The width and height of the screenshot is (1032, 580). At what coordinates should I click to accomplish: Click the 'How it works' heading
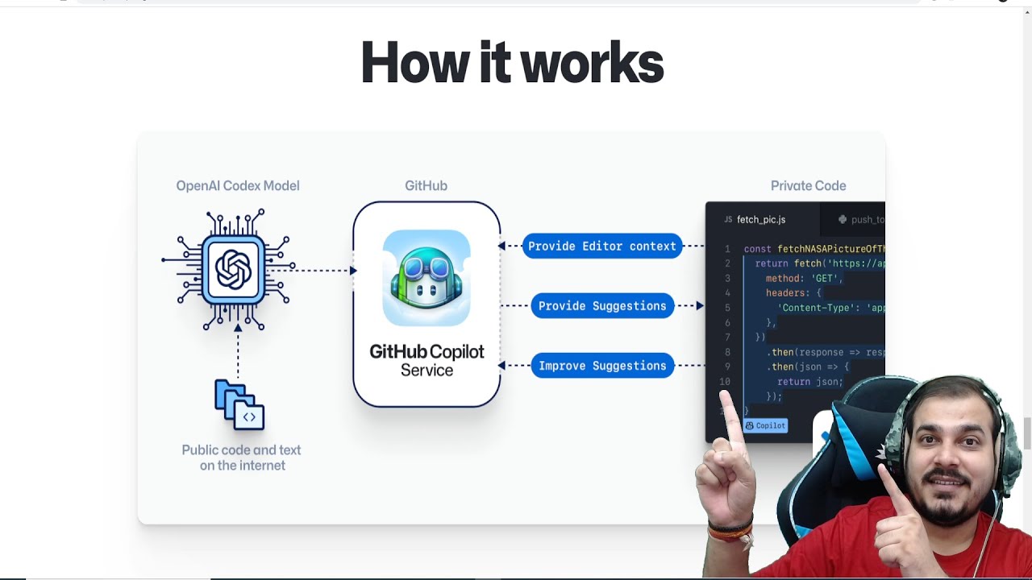[x=512, y=63]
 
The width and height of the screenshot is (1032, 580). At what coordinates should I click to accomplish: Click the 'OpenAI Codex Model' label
[x=238, y=186]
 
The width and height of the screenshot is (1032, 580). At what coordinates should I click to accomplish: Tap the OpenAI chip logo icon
[x=234, y=269]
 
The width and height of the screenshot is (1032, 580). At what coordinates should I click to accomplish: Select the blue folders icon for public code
[x=239, y=405]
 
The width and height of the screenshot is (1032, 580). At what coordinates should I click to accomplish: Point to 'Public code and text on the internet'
[x=241, y=458]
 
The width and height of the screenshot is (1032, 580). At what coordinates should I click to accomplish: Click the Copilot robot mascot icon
[x=427, y=278]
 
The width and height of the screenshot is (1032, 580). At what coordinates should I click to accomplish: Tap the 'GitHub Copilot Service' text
[x=427, y=361]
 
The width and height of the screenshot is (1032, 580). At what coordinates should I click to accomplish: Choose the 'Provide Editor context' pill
[x=602, y=246]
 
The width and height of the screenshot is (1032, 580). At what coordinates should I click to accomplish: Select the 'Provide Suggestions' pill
[x=602, y=306]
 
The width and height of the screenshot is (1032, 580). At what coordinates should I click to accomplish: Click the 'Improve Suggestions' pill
[x=602, y=366]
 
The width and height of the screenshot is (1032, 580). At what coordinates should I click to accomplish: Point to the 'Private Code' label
[x=808, y=186]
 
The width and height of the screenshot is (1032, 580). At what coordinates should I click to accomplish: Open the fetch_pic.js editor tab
[x=760, y=219]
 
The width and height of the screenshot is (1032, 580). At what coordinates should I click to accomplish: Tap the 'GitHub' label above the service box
[x=426, y=186]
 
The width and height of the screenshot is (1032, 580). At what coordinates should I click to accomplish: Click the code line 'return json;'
[x=809, y=382]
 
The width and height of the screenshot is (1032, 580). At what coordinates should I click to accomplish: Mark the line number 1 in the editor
[x=727, y=250]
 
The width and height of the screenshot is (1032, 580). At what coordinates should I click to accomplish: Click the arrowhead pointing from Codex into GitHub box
[x=352, y=271]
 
